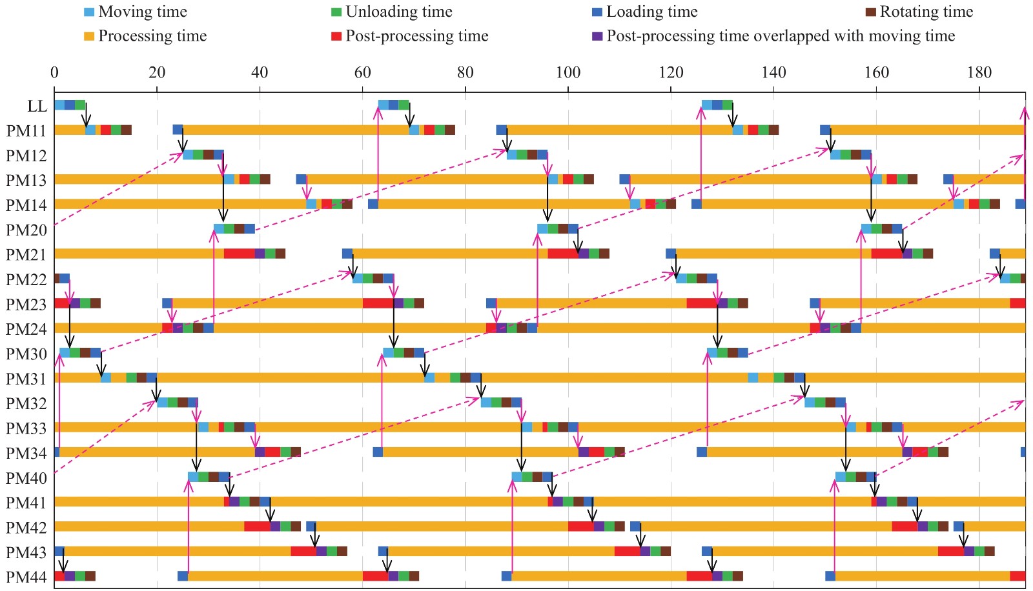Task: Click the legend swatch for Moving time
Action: click(89, 12)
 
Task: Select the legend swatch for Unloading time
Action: click(336, 12)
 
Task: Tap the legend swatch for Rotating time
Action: click(871, 12)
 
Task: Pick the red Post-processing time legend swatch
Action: click(336, 36)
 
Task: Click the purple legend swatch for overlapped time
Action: click(597, 36)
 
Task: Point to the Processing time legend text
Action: click(152, 36)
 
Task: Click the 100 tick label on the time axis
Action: click(568, 72)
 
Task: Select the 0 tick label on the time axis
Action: click(54, 72)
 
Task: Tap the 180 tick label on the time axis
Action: click(979, 72)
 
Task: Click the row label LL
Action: click(37, 106)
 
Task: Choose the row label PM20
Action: click(26, 230)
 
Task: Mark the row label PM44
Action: click(26, 577)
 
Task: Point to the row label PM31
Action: click(26, 379)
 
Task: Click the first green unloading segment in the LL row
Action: click(80, 105)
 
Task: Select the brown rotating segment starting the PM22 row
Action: click(57, 279)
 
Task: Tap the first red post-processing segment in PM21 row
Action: click(240, 254)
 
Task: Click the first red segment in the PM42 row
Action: click(258, 526)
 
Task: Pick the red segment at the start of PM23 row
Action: click(62, 303)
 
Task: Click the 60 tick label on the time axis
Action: click(362, 72)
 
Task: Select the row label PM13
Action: click(26, 181)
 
